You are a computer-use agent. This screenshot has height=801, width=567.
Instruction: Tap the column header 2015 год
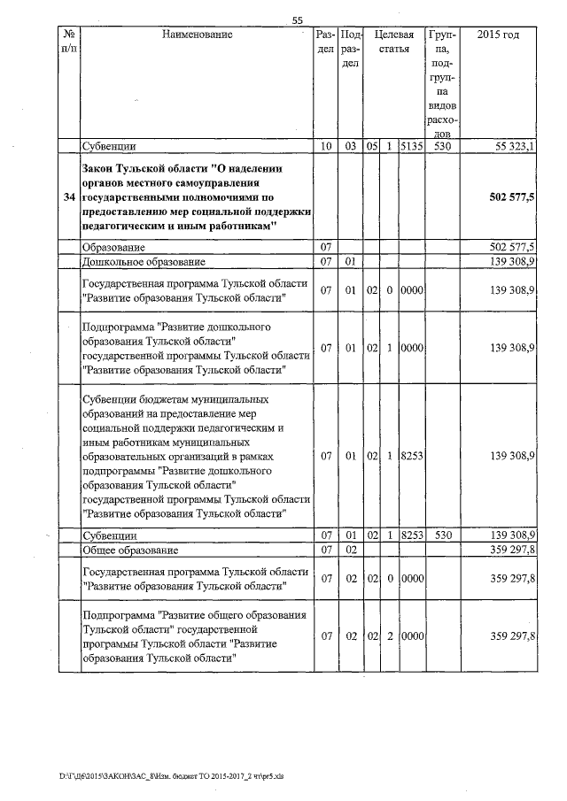(x=498, y=35)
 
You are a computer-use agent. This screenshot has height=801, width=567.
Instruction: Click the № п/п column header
(x=68, y=42)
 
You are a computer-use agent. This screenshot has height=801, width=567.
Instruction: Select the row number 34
(x=68, y=196)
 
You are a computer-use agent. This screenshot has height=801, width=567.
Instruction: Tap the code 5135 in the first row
(x=410, y=146)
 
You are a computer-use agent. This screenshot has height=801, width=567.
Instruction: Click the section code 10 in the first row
(x=325, y=146)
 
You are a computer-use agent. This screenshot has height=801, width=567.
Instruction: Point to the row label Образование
(x=113, y=247)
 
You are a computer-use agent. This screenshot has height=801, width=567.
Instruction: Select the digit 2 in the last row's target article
(x=390, y=635)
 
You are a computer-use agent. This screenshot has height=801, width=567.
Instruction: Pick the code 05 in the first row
(x=372, y=146)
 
